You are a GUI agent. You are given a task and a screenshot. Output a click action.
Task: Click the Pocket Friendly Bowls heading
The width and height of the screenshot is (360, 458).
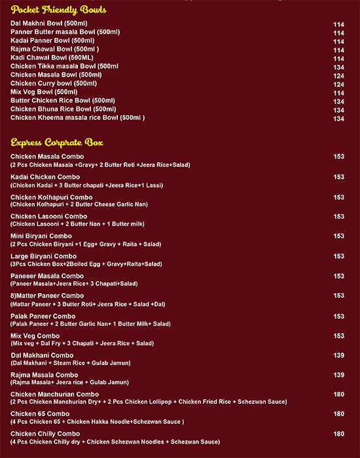point(58,10)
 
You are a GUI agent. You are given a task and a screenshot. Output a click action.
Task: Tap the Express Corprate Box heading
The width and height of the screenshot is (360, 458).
point(56,142)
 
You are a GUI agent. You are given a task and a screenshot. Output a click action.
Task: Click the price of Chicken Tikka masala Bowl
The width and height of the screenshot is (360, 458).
point(338,67)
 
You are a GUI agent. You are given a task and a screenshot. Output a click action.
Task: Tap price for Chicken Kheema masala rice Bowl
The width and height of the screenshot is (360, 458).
point(338,118)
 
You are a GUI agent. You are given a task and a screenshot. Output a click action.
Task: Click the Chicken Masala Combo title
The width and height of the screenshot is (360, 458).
point(46,156)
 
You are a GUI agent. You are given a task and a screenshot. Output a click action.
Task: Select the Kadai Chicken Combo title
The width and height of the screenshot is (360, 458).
point(45,177)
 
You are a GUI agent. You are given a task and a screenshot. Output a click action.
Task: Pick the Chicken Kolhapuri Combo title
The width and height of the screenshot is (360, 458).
point(51,197)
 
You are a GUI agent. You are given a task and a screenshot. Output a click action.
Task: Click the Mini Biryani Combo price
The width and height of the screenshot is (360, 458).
point(338,236)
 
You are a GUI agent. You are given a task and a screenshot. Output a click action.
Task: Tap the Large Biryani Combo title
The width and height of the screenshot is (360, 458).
point(43,256)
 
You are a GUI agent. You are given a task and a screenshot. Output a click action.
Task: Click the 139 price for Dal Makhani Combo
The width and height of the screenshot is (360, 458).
point(338,355)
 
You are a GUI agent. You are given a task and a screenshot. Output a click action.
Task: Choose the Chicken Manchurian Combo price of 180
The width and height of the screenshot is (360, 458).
point(338,394)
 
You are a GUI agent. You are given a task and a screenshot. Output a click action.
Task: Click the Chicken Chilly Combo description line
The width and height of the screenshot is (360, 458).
point(115,442)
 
